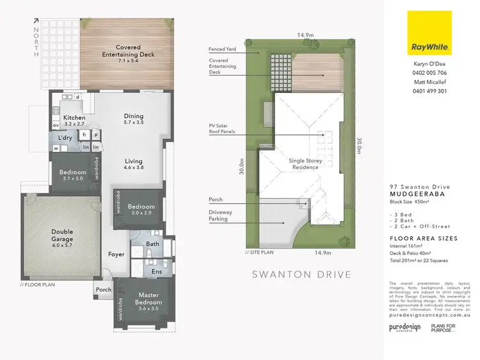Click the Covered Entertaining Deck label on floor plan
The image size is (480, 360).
click(x=129, y=51)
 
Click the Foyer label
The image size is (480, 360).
click(x=116, y=254)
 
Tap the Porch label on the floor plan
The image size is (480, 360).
click(x=103, y=290)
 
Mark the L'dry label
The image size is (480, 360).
click(x=65, y=138)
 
